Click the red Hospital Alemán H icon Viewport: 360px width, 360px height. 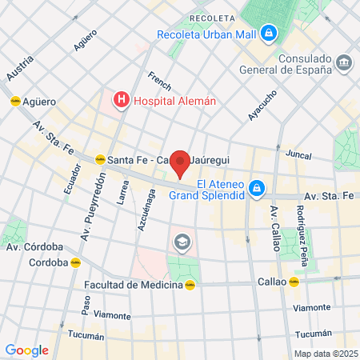pos(121,100)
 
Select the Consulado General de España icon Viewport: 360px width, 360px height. pos(344,62)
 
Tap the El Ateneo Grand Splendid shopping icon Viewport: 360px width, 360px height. pos(256,189)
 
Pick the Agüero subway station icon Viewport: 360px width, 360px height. pos(15,102)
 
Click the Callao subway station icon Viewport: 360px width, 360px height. pos(294,282)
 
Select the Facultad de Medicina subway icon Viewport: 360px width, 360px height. pos(190,284)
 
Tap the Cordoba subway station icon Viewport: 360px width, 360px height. pos(74,262)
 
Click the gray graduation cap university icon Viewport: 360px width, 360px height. pos(182,241)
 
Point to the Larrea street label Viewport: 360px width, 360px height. pos(122,192)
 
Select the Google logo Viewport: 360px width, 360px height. pos(26,350)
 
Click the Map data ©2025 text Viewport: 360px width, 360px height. pos(325,353)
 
